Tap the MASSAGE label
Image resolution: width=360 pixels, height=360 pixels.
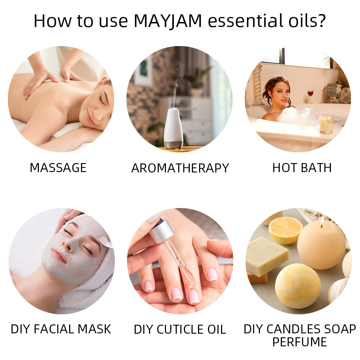pos(58,168)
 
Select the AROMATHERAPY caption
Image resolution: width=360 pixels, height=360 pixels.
pos(180,168)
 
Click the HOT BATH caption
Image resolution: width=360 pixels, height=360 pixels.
pos(302,168)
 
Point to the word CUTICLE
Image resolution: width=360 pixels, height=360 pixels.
pos(183,329)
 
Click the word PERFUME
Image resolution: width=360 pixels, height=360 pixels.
pos(300,342)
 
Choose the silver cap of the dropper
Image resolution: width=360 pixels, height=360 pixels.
pos(161,230)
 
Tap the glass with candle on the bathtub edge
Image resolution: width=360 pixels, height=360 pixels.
pos(326,123)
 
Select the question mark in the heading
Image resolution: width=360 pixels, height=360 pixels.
pos(320,21)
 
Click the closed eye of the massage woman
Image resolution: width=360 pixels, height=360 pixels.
pos(102,100)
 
